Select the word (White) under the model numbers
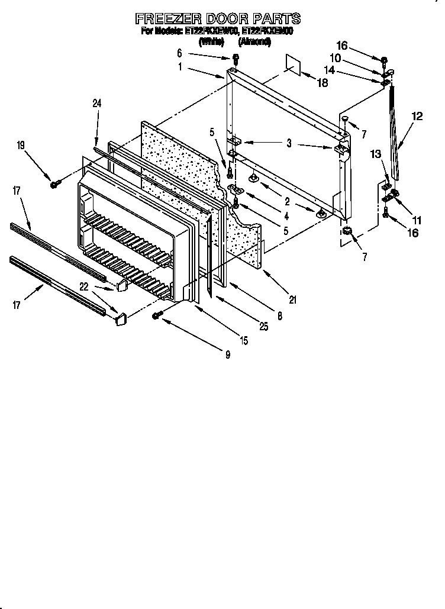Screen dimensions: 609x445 pos(211,42)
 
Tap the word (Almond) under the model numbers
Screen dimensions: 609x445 pos(254,42)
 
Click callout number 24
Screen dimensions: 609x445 pos(97,104)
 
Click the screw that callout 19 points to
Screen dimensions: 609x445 pos(54,184)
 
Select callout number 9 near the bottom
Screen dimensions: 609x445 pos(227,355)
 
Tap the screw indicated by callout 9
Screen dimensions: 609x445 pos(157,316)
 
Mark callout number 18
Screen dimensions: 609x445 pos(323,83)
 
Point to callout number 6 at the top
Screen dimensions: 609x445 pos(179,53)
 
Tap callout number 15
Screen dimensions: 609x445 pos(243,340)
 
